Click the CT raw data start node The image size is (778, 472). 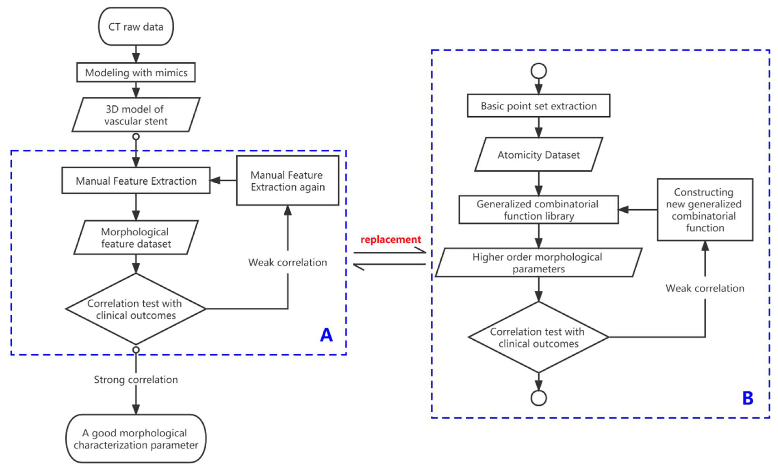[x=136, y=27]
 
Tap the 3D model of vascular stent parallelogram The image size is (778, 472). [x=136, y=115]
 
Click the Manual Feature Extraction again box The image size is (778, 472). [x=287, y=181]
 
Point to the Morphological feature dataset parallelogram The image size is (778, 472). [x=136, y=237]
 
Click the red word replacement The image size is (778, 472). [x=391, y=239]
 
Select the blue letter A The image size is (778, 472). [x=326, y=335]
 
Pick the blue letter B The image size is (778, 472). [x=747, y=398]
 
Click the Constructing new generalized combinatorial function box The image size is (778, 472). [x=705, y=210]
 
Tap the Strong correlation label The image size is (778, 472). [x=136, y=380]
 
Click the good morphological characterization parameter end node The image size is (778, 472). [x=136, y=439]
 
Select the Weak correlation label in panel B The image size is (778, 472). [x=705, y=288]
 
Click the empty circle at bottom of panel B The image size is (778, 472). [x=539, y=398]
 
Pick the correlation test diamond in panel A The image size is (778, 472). [x=136, y=309]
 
